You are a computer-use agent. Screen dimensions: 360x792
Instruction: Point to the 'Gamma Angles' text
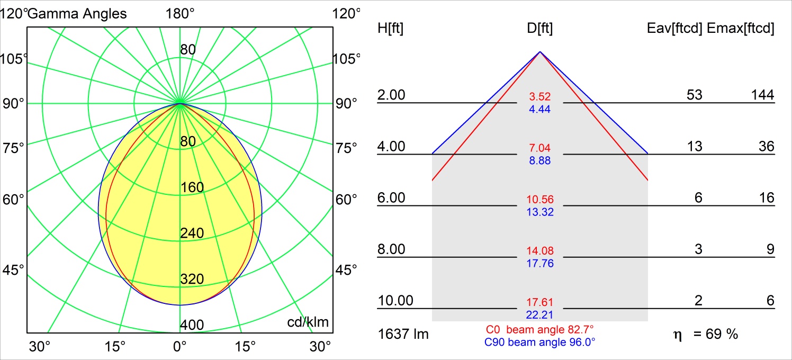click(x=77, y=14)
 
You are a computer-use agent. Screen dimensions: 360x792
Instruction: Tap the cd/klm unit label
click(x=308, y=322)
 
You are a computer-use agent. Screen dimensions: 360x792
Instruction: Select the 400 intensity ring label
click(x=192, y=325)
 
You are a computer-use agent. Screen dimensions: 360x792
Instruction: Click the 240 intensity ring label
click(x=192, y=233)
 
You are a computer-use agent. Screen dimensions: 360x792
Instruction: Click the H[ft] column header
click(x=390, y=28)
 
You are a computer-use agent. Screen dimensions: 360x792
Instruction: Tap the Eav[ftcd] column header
click(x=674, y=28)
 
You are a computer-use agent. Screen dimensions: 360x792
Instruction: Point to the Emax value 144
click(x=762, y=95)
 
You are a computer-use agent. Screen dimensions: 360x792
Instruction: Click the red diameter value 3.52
click(x=540, y=97)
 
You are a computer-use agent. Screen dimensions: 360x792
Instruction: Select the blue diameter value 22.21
click(x=540, y=315)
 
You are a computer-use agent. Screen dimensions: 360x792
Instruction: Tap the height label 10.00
click(x=395, y=301)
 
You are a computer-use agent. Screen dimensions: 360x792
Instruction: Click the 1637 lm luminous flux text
click(x=403, y=335)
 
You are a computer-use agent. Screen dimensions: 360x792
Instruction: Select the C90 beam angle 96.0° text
click(x=540, y=343)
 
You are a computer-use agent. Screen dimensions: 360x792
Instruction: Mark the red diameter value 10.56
click(x=540, y=200)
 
